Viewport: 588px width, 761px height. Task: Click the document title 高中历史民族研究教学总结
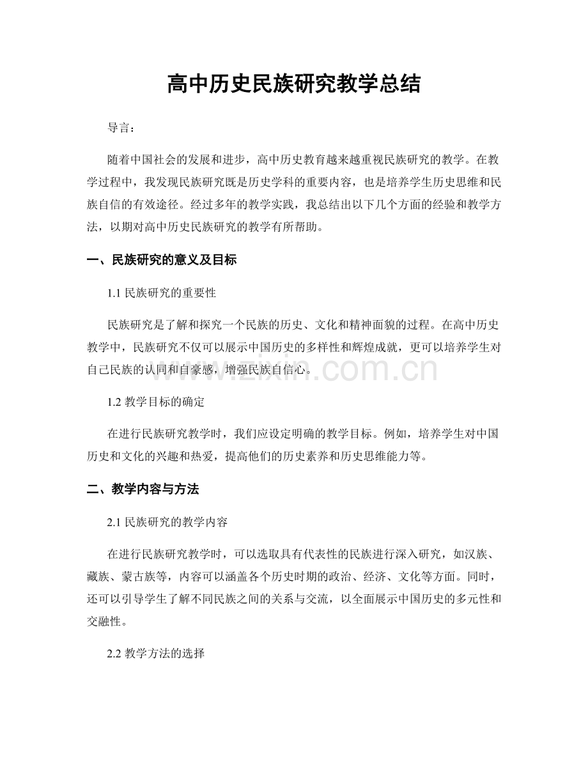click(x=293, y=83)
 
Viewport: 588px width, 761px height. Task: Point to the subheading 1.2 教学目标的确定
click(x=157, y=403)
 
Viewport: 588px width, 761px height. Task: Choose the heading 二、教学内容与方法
click(x=143, y=490)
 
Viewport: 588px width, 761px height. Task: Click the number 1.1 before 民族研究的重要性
click(x=115, y=293)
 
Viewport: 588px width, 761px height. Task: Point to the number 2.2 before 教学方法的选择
click(x=115, y=655)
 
